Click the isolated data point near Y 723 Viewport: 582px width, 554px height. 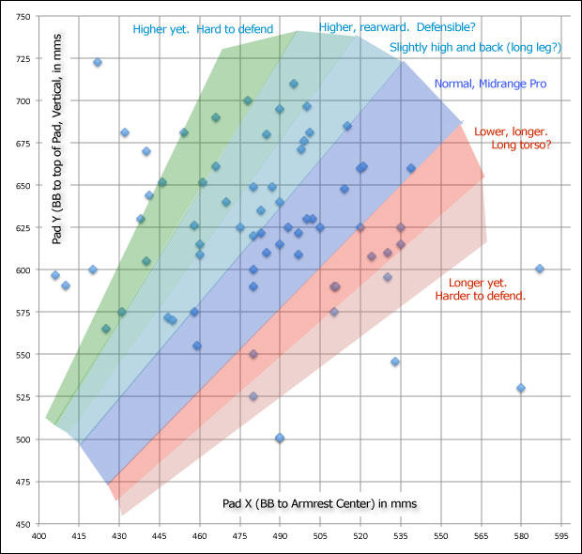tap(98, 63)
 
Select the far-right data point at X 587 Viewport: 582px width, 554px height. tap(540, 269)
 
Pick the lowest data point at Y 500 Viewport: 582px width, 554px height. tap(280, 439)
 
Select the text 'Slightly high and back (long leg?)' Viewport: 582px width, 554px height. tap(475, 47)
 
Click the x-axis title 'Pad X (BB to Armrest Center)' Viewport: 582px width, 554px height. tap(319, 503)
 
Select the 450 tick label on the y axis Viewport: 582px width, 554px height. tap(20, 524)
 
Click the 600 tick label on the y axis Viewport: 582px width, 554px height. tap(20, 270)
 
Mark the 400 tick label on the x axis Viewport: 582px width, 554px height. tap(38, 538)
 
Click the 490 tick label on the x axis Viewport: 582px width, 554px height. tap(280, 538)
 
